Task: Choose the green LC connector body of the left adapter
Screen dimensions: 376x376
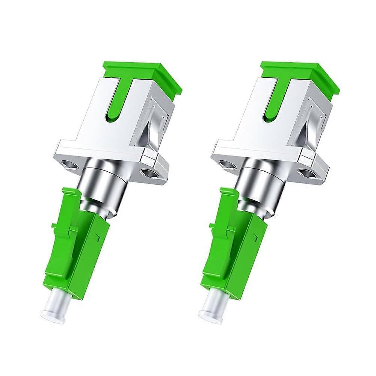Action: click(x=90, y=255)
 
